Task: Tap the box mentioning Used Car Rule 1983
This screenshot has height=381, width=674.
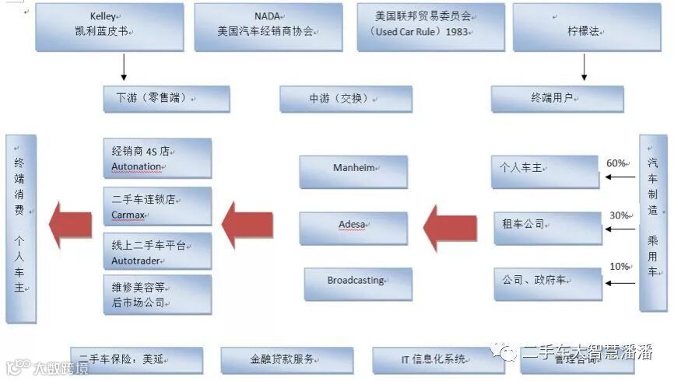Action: coord(430,26)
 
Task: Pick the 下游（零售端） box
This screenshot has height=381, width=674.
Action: coord(167,99)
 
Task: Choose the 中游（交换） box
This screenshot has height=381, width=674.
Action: coord(346,99)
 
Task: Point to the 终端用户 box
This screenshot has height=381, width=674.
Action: coord(557,99)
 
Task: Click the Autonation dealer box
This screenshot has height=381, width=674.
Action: coord(157,159)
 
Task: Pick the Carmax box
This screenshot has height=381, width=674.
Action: coord(157,206)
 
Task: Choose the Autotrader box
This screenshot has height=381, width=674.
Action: coord(157,251)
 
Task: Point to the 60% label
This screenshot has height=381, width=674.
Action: coord(617,163)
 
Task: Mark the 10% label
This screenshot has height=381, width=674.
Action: coord(620,267)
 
